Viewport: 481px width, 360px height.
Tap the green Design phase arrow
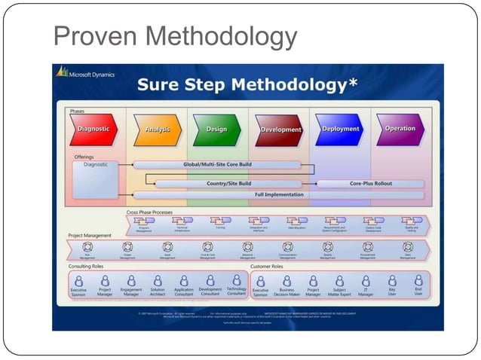pyautogui.click(x=216, y=130)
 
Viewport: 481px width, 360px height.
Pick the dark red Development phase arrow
pyautogui.click(x=280, y=130)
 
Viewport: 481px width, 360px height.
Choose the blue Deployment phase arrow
pyautogui.click(x=339, y=129)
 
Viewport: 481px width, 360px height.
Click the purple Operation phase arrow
pyautogui.click(x=400, y=129)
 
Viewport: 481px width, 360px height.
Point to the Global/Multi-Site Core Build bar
pyautogui.click(x=218, y=163)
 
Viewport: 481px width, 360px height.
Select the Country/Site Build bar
pyautogui.click(x=228, y=183)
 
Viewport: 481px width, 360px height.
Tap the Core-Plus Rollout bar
pyautogui.click(x=370, y=183)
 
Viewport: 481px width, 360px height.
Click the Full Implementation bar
pyautogui.click(x=278, y=194)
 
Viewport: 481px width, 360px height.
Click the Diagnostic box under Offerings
pyautogui.click(x=96, y=180)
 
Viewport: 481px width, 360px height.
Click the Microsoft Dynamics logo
pyautogui.click(x=84, y=72)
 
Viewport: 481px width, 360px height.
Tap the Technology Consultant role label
pyautogui.click(x=236, y=291)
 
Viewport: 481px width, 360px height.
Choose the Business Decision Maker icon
pyautogui.click(x=286, y=280)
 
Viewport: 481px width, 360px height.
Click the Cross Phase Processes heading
pyautogui.click(x=149, y=212)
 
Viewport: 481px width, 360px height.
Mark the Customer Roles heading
pyautogui.click(x=267, y=267)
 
